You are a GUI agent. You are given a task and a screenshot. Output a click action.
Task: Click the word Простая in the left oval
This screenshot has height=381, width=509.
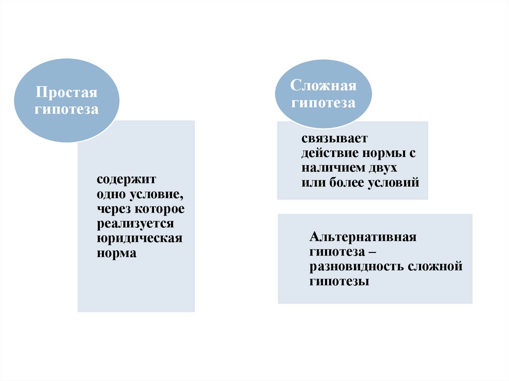[x=66, y=93]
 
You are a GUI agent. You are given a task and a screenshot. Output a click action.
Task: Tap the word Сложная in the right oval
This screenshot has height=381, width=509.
[x=324, y=85]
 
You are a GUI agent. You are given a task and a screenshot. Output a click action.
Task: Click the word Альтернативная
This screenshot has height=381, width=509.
[x=362, y=237]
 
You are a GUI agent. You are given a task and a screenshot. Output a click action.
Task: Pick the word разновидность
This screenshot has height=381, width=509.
[x=356, y=267]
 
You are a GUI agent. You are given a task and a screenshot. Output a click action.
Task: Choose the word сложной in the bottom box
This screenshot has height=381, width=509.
[x=435, y=267]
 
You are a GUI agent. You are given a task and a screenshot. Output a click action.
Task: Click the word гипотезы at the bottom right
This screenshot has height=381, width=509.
[x=339, y=282]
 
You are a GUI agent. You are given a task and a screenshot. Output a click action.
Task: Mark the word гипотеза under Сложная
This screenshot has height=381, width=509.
[x=324, y=103]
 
